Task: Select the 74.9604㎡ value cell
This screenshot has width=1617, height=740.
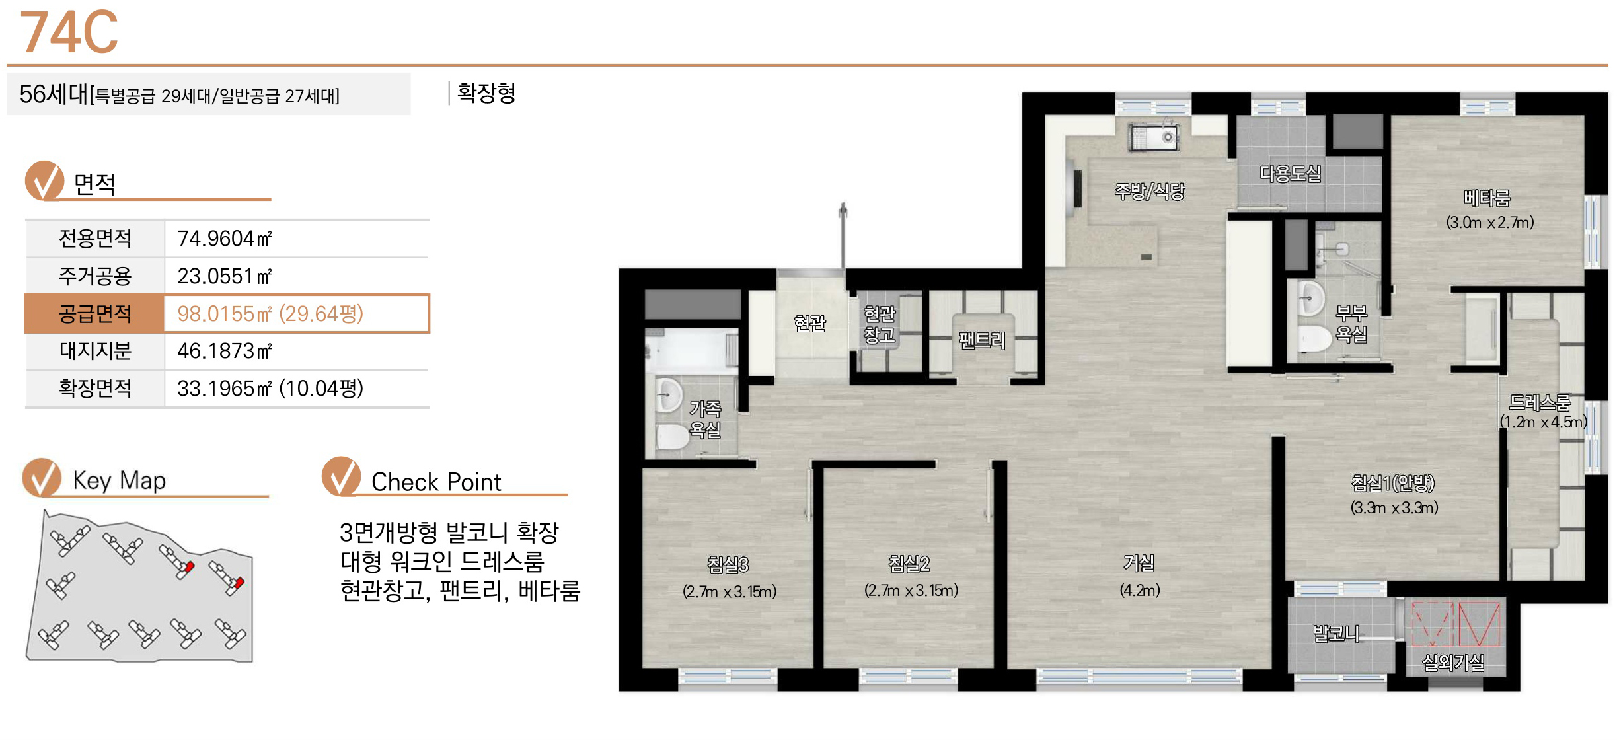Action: [225, 239]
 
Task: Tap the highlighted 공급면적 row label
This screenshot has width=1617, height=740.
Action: [94, 313]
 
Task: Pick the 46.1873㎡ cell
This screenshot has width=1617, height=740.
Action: [225, 351]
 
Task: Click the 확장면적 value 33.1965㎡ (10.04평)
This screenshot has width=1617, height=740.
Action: [270, 388]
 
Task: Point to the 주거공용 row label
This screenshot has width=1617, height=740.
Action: [95, 276]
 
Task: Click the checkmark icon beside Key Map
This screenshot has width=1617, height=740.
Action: [42, 477]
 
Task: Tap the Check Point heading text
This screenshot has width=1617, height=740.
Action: [436, 482]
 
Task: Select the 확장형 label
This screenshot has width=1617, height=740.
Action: [486, 93]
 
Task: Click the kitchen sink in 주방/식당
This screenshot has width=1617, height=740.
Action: [1153, 137]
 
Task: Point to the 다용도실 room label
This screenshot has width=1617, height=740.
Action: [1290, 174]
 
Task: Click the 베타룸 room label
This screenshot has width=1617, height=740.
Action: [1487, 198]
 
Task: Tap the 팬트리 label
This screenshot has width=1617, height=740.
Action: [982, 340]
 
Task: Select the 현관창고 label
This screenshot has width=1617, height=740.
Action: [880, 324]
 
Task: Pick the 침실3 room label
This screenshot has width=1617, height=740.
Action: [728, 564]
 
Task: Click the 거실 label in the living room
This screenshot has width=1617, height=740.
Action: [1139, 563]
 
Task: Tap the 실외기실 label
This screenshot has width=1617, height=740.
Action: [1453, 662]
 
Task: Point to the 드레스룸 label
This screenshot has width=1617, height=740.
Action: [1540, 402]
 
